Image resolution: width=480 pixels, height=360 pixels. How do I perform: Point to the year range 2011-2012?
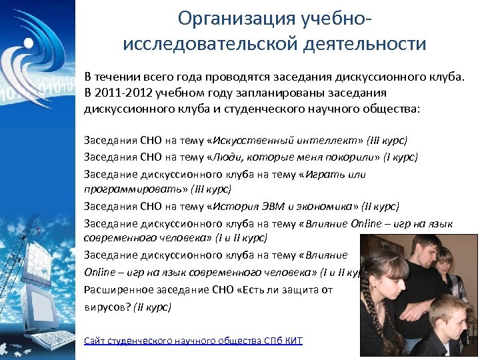click(x=118, y=93)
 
